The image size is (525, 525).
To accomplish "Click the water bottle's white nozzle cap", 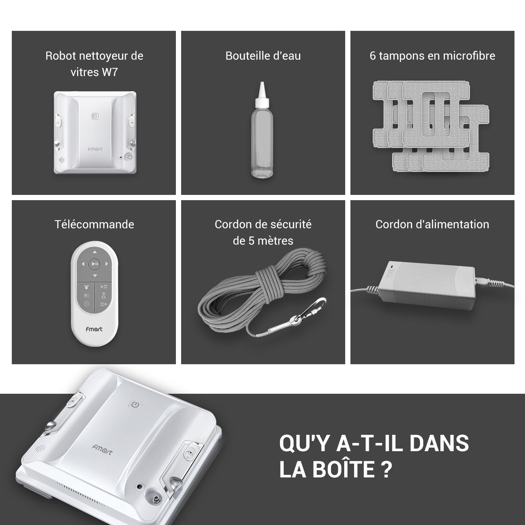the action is point(262,95).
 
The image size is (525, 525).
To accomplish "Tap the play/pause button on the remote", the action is point(94,263).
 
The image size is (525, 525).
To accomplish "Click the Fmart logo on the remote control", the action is point(94,329).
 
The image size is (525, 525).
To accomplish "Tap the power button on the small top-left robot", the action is point(95,116).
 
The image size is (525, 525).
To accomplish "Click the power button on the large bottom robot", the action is point(135,405).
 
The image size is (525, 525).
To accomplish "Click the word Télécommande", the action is point(94,224).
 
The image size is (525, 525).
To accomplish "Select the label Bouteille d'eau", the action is point(263,56).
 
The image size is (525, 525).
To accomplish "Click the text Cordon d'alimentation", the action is point(432,224).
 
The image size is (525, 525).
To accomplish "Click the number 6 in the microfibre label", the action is point(372,56).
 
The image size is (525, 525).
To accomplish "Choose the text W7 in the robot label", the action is point(110,72).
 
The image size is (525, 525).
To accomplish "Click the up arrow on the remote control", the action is point(94,252).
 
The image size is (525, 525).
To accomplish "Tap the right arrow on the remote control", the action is point(106,264).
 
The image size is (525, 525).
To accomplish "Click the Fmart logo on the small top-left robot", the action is point(95,149).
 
